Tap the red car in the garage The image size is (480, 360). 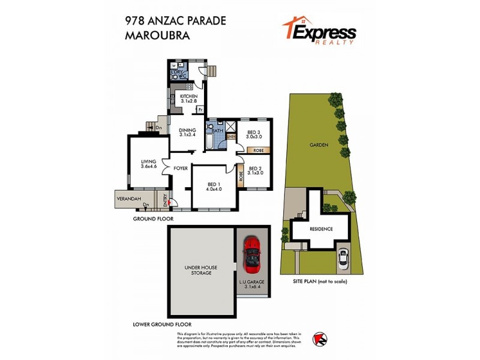(253, 253)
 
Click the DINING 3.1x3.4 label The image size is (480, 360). (188, 131)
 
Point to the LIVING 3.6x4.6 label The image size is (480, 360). (148, 164)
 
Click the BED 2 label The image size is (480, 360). (256, 171)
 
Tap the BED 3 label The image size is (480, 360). (253, 134)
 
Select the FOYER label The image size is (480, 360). (181, 168)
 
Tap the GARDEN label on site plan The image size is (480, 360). (317, 145)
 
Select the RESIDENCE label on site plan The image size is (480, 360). (321, 229)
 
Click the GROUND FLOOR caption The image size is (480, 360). (153, 220)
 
